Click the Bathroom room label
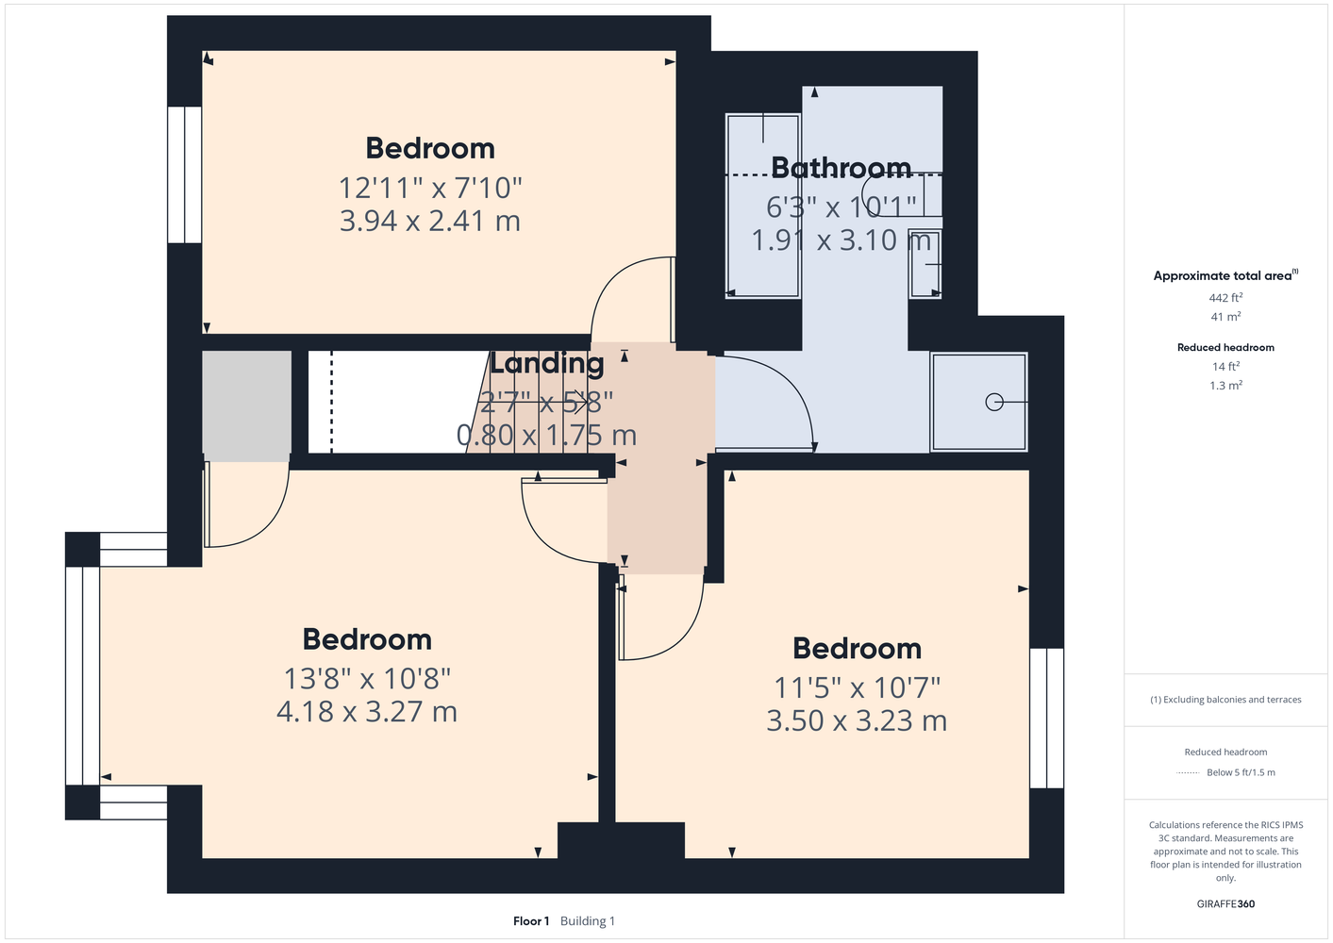pyautogui.click(x=841, y=168)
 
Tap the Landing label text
pyautogui.click(x=546, y=363)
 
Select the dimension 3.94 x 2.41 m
pyautogui.click(x=429, y=221)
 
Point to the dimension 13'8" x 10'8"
pyautogui.click(x=367, y=678)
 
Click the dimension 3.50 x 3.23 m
pyautogui.click(x=857, y=720)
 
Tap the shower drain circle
pyautogui.click(x=994, y=402)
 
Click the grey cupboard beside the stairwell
pyautogui.click(x=246, y=405)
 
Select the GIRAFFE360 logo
pyautogui.click(x=1225, y=903)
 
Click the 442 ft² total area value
pyautogui.click(x=1225, y=297)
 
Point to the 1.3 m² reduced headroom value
pyautogui.click(x=1225, y=386)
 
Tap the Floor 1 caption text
pyautogui.click(x=531, y=921)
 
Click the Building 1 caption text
pyautogui.click(x=588, y=921)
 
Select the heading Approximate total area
pyautogui.click(x=1225, y=275)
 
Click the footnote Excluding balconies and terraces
pyautogui.click(x=1225, y=700)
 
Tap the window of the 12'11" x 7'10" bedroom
pyautogui.click(x=185, y=174)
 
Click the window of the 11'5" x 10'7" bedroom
pyautogui.click(x=1047, y=719)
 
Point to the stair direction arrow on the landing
pyautogui.click(x=532, y=402)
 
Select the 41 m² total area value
pyautogui.click(x=1225, y=317)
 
